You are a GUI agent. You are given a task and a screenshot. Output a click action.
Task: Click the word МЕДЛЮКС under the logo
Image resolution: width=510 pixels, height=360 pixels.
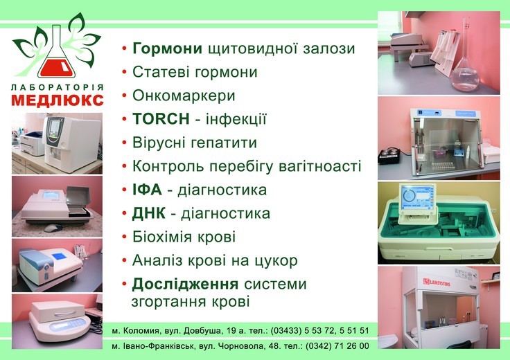coord(58,100)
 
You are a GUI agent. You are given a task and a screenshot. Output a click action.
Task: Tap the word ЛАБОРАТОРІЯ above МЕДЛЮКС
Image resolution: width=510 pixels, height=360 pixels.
coord(58,87)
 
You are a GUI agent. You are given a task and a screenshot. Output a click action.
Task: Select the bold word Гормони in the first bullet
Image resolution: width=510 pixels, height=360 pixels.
coord(167,48)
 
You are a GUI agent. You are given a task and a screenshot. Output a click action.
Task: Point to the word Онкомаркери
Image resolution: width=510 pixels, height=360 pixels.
coord(184,96)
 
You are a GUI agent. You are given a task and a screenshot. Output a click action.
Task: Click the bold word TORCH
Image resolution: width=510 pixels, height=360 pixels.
coord(161,119)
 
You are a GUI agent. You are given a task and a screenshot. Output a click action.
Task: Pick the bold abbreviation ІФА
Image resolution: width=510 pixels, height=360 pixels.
coord(147,190)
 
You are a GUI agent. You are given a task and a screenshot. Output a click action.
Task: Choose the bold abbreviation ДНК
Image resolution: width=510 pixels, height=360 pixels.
coord(149,213)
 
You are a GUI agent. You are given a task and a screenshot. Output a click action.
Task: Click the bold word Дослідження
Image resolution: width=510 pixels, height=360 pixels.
coord(185,284)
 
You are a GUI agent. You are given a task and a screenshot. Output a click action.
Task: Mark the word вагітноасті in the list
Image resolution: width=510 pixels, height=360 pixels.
coord(320,166)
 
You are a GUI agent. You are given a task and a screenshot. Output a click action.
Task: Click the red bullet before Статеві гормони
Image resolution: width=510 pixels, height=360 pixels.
coord(124,73)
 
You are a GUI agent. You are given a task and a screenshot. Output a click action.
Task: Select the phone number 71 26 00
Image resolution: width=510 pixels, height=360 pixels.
coord(353,345)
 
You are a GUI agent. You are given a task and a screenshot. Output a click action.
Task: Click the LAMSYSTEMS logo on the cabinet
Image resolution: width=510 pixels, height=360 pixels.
coord(437,282)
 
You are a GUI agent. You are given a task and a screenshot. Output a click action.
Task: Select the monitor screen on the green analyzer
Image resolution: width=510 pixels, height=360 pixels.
coord(416,198)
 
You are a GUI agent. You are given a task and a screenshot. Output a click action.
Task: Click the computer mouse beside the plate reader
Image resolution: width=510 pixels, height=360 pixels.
coord(53,228)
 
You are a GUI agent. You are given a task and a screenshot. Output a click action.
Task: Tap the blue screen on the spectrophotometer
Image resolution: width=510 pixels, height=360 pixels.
coord(59,256)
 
